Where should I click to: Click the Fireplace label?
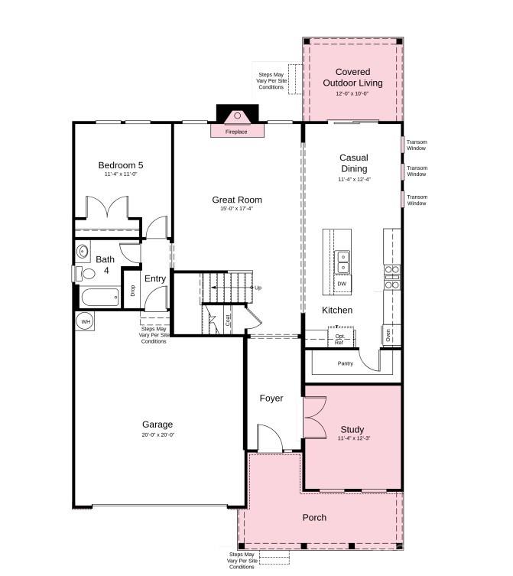(x=236, y=132)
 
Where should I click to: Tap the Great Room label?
(x=232, y=200)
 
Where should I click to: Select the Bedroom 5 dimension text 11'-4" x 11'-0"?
(x=120, y=174)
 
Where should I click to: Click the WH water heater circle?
(x=85, y=321)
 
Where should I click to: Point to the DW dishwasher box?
(x=342, y=284)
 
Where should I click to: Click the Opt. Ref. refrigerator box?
(x=339, y=338)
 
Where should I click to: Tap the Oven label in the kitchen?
(x=388, y=334)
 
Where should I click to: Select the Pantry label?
(x=346, y=363)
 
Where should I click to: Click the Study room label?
(x=352, y=429)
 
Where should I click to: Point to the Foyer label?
(x=271, y=398)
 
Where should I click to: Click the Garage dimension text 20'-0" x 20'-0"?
(x=157, y=434)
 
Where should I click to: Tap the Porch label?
(x=314, y=517)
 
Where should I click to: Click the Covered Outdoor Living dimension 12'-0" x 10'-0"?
(x=352, y=93)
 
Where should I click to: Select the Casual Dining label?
(x=354, y=163)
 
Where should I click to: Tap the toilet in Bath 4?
(x=86, y=273)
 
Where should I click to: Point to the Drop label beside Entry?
(x=132, y=290)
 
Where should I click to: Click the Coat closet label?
(x=228, y=320)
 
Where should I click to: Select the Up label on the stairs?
(x=258, y=288)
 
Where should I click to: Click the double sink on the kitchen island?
(x=343, y=262)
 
